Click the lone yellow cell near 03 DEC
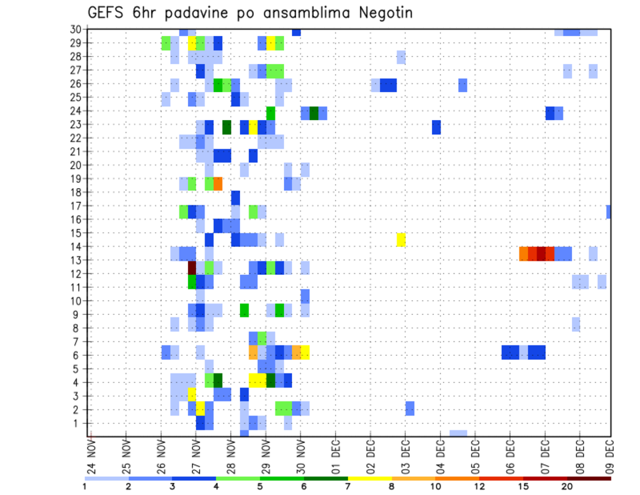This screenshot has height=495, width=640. click(401, 239)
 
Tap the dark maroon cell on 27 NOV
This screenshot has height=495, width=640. click(192, 267)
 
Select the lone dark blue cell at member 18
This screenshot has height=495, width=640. click(235, 198)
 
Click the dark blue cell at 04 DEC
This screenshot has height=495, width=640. click(436, 127)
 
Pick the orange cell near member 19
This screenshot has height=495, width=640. click(218, 183)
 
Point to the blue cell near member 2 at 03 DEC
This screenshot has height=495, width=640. click(409, 408)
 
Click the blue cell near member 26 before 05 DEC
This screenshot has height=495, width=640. click(463, 85)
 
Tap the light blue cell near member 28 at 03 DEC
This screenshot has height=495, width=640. click(401, 57)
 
